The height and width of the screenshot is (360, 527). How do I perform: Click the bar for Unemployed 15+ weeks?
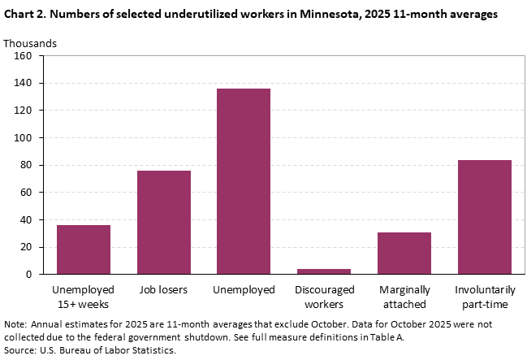click(84, 249)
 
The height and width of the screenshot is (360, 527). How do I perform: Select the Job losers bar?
click(163, 222)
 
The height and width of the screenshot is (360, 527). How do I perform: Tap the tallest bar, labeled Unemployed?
click(244, 181)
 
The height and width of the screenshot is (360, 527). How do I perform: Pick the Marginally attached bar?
click(404, 253)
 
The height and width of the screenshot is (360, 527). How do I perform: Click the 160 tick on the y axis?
click(22, 56)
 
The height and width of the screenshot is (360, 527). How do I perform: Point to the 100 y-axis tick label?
click(22, 138)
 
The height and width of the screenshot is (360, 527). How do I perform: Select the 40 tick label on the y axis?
click(24, 220)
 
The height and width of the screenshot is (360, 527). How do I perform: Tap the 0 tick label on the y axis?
click(28, 275)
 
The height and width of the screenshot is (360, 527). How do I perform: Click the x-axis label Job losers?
click(163, 290)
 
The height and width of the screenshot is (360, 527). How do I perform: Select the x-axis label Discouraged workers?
click(324, 297)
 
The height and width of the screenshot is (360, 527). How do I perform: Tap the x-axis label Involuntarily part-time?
click(484, 297)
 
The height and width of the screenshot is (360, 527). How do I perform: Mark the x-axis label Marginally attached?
click(404, 297)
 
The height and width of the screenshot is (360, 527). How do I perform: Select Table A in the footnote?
click(385, 337)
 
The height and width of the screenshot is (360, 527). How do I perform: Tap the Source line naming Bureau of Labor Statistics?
click(89, 350)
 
